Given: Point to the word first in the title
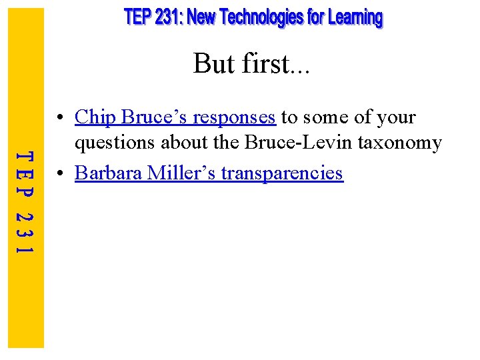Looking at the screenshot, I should pyautogui.click(x=264, y=64).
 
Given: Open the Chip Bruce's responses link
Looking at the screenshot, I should pyautogui.click(x=175, y=117).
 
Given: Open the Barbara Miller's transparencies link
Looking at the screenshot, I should pyautogui.click(x=209, y=173).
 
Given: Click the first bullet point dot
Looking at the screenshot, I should pyautogui.click(x=61, y=119).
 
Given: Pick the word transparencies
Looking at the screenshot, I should pyautogui.click(x=282, y=174).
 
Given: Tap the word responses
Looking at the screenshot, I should pyautogui.click(x=234, y=118).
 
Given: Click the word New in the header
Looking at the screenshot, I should pyautogui.click(x=201, y=18).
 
